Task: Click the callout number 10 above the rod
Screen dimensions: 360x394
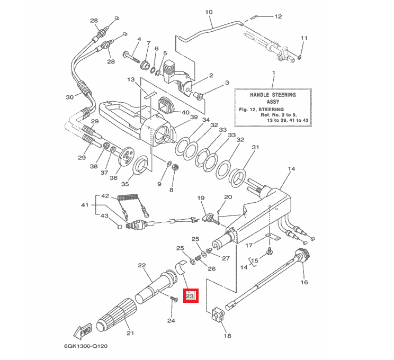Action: point(208,12)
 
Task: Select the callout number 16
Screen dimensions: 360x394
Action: point(304,283)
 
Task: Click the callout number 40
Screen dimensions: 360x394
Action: point(185,112)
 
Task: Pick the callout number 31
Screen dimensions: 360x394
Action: point(256,147)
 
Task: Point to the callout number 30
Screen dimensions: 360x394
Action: point(69,97)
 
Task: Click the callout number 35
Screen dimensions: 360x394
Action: point(125,184)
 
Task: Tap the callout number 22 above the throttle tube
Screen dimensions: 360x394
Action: point(141,265)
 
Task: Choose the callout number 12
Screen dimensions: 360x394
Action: point(278,16)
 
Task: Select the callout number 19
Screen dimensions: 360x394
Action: point(201,198)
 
